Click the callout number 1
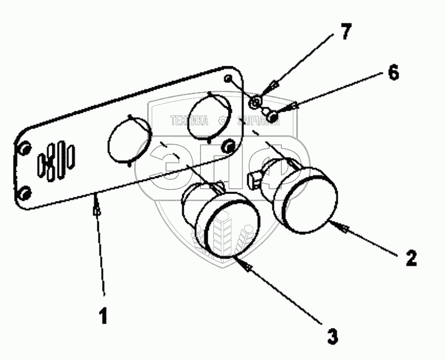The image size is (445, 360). [x=103, y=317]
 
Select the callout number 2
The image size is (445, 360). [x=411, y=258]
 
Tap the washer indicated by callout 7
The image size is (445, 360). [x=255, y=104]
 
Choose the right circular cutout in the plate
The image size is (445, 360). [x=209, y=116]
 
